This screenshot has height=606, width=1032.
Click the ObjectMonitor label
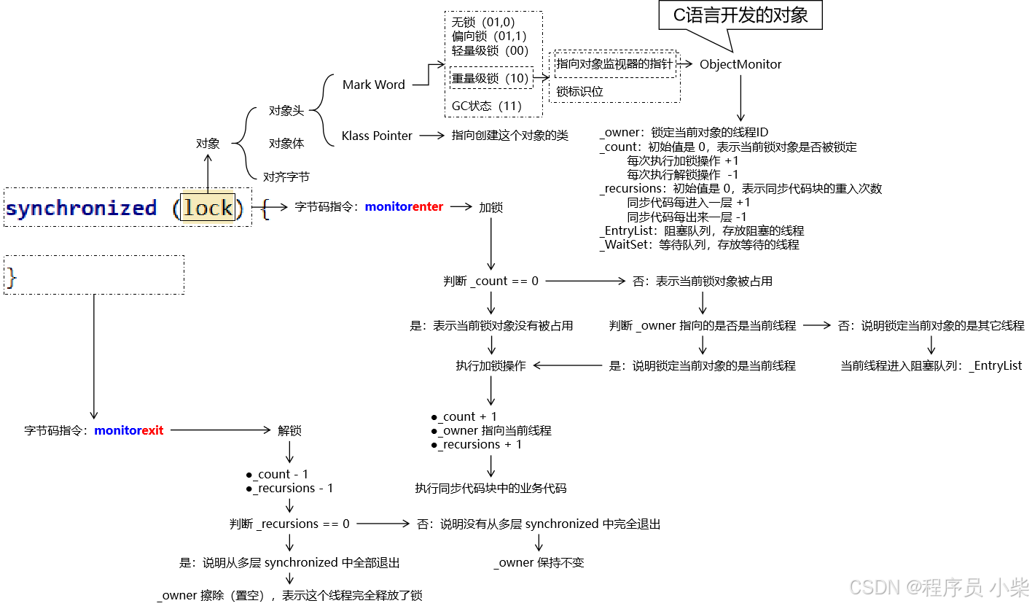[740, 64]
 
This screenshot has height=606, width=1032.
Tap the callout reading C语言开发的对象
[740, 15]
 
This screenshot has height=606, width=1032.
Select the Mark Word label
[373, 85]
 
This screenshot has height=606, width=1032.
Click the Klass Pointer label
[377, 136]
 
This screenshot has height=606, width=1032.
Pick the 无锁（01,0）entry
[483, 23]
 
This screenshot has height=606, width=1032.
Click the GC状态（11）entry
[487, 106]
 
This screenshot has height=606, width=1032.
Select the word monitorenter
[404, 207]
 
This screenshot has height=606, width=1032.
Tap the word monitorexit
[128, 430]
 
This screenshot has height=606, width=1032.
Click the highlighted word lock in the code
[208, 208]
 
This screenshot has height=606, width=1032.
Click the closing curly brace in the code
[11, 277]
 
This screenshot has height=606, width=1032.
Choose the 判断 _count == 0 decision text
[490, 281]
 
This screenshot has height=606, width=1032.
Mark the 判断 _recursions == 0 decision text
[289, 524]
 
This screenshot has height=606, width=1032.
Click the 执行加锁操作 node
[490, 366]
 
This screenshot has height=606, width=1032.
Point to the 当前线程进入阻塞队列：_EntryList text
[931, 366]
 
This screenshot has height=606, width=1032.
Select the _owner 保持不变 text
[539, 563]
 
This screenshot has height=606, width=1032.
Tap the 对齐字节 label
[286, 176]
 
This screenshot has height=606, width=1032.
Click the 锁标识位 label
[579, 92]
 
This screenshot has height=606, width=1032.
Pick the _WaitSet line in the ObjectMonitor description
[700, 245]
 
